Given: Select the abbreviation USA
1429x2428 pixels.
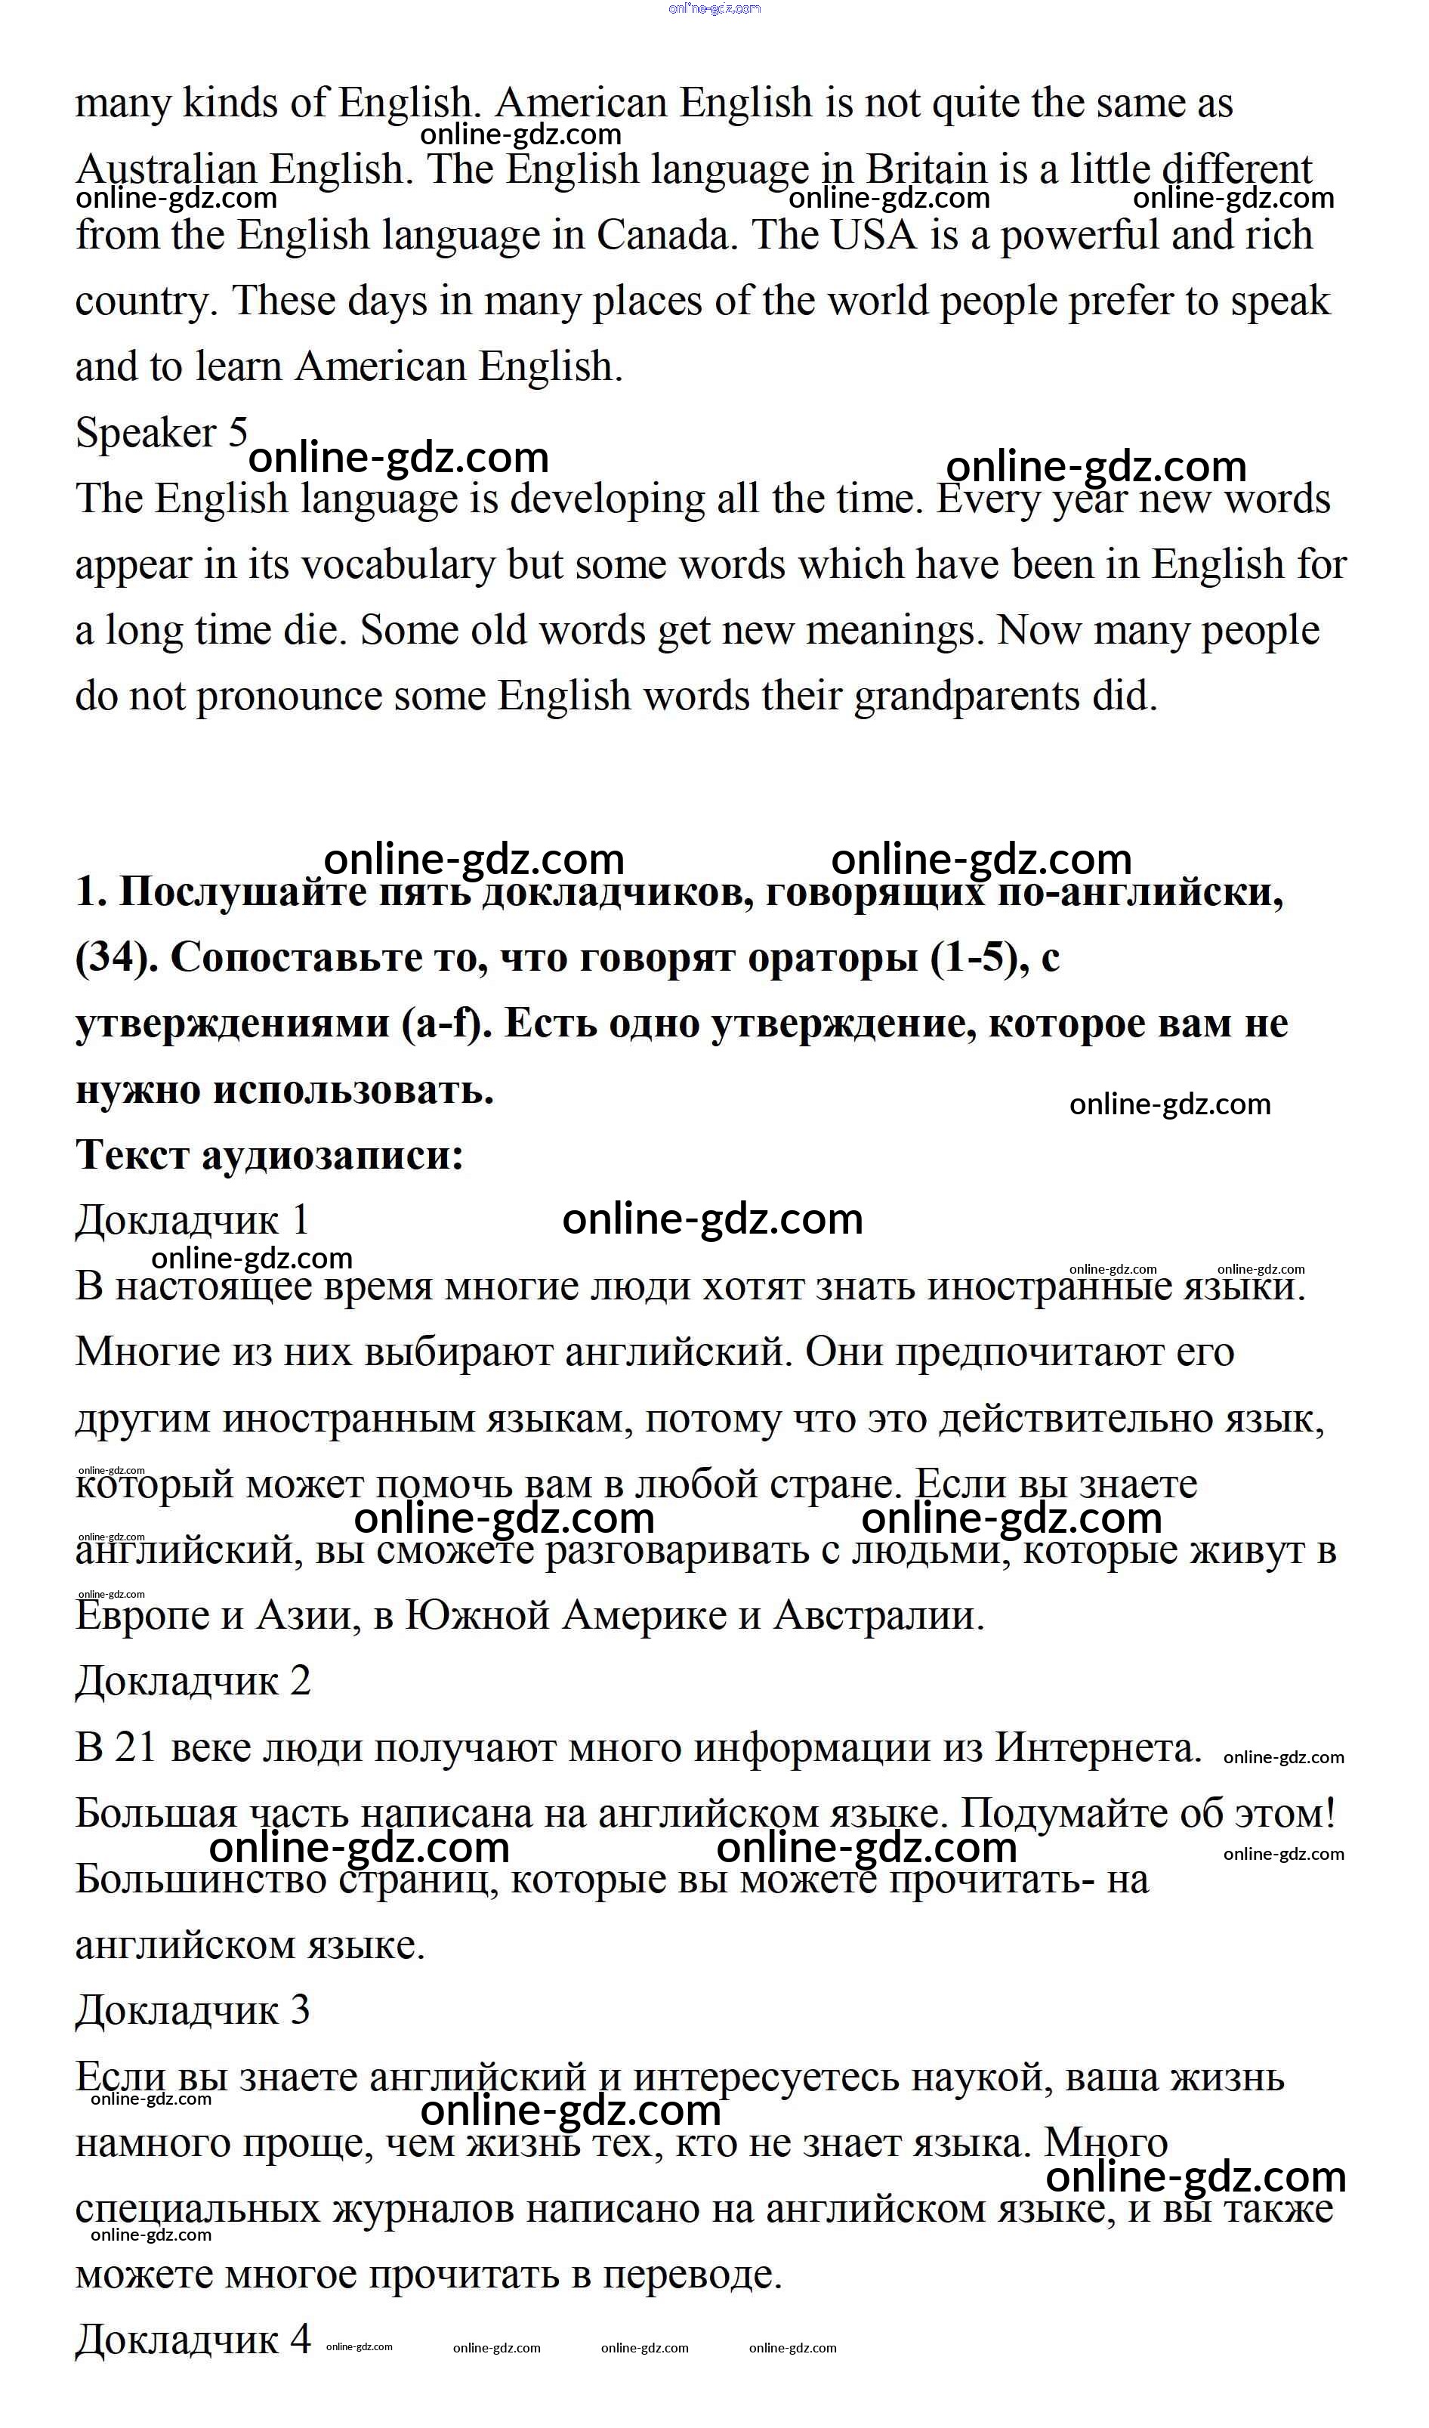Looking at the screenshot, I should point(873,236).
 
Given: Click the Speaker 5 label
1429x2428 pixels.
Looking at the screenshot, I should point(162,433).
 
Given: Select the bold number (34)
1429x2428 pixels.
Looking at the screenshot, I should point(116,958).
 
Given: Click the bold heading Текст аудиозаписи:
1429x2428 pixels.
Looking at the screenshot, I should point(270,1154).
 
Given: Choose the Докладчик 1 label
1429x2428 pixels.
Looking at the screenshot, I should point(192,1221).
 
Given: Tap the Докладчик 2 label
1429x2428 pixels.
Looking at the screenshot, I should point(193,1680).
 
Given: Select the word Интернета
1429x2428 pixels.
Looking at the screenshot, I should point(1097,1747).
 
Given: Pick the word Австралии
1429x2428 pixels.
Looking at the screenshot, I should point(879,1615).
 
